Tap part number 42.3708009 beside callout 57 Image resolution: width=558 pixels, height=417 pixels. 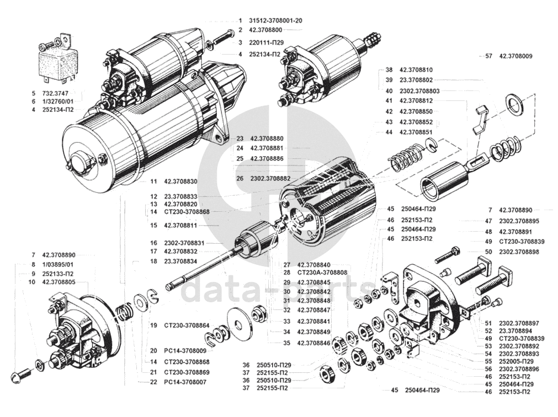point(516,56)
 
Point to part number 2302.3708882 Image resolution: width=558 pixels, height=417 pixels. point(270,179)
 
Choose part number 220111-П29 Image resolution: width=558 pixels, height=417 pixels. point(267,42)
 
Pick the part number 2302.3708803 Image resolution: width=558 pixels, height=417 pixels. point(419,91)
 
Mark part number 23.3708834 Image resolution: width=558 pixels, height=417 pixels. point(180,261)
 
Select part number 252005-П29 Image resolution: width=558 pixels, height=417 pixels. point(517,361)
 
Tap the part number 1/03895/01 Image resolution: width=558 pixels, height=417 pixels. point(58,265)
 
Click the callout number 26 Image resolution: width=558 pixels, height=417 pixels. point(240,179)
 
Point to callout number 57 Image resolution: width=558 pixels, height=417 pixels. point(488,56)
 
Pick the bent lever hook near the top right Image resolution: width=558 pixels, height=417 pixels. point(480,120)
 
